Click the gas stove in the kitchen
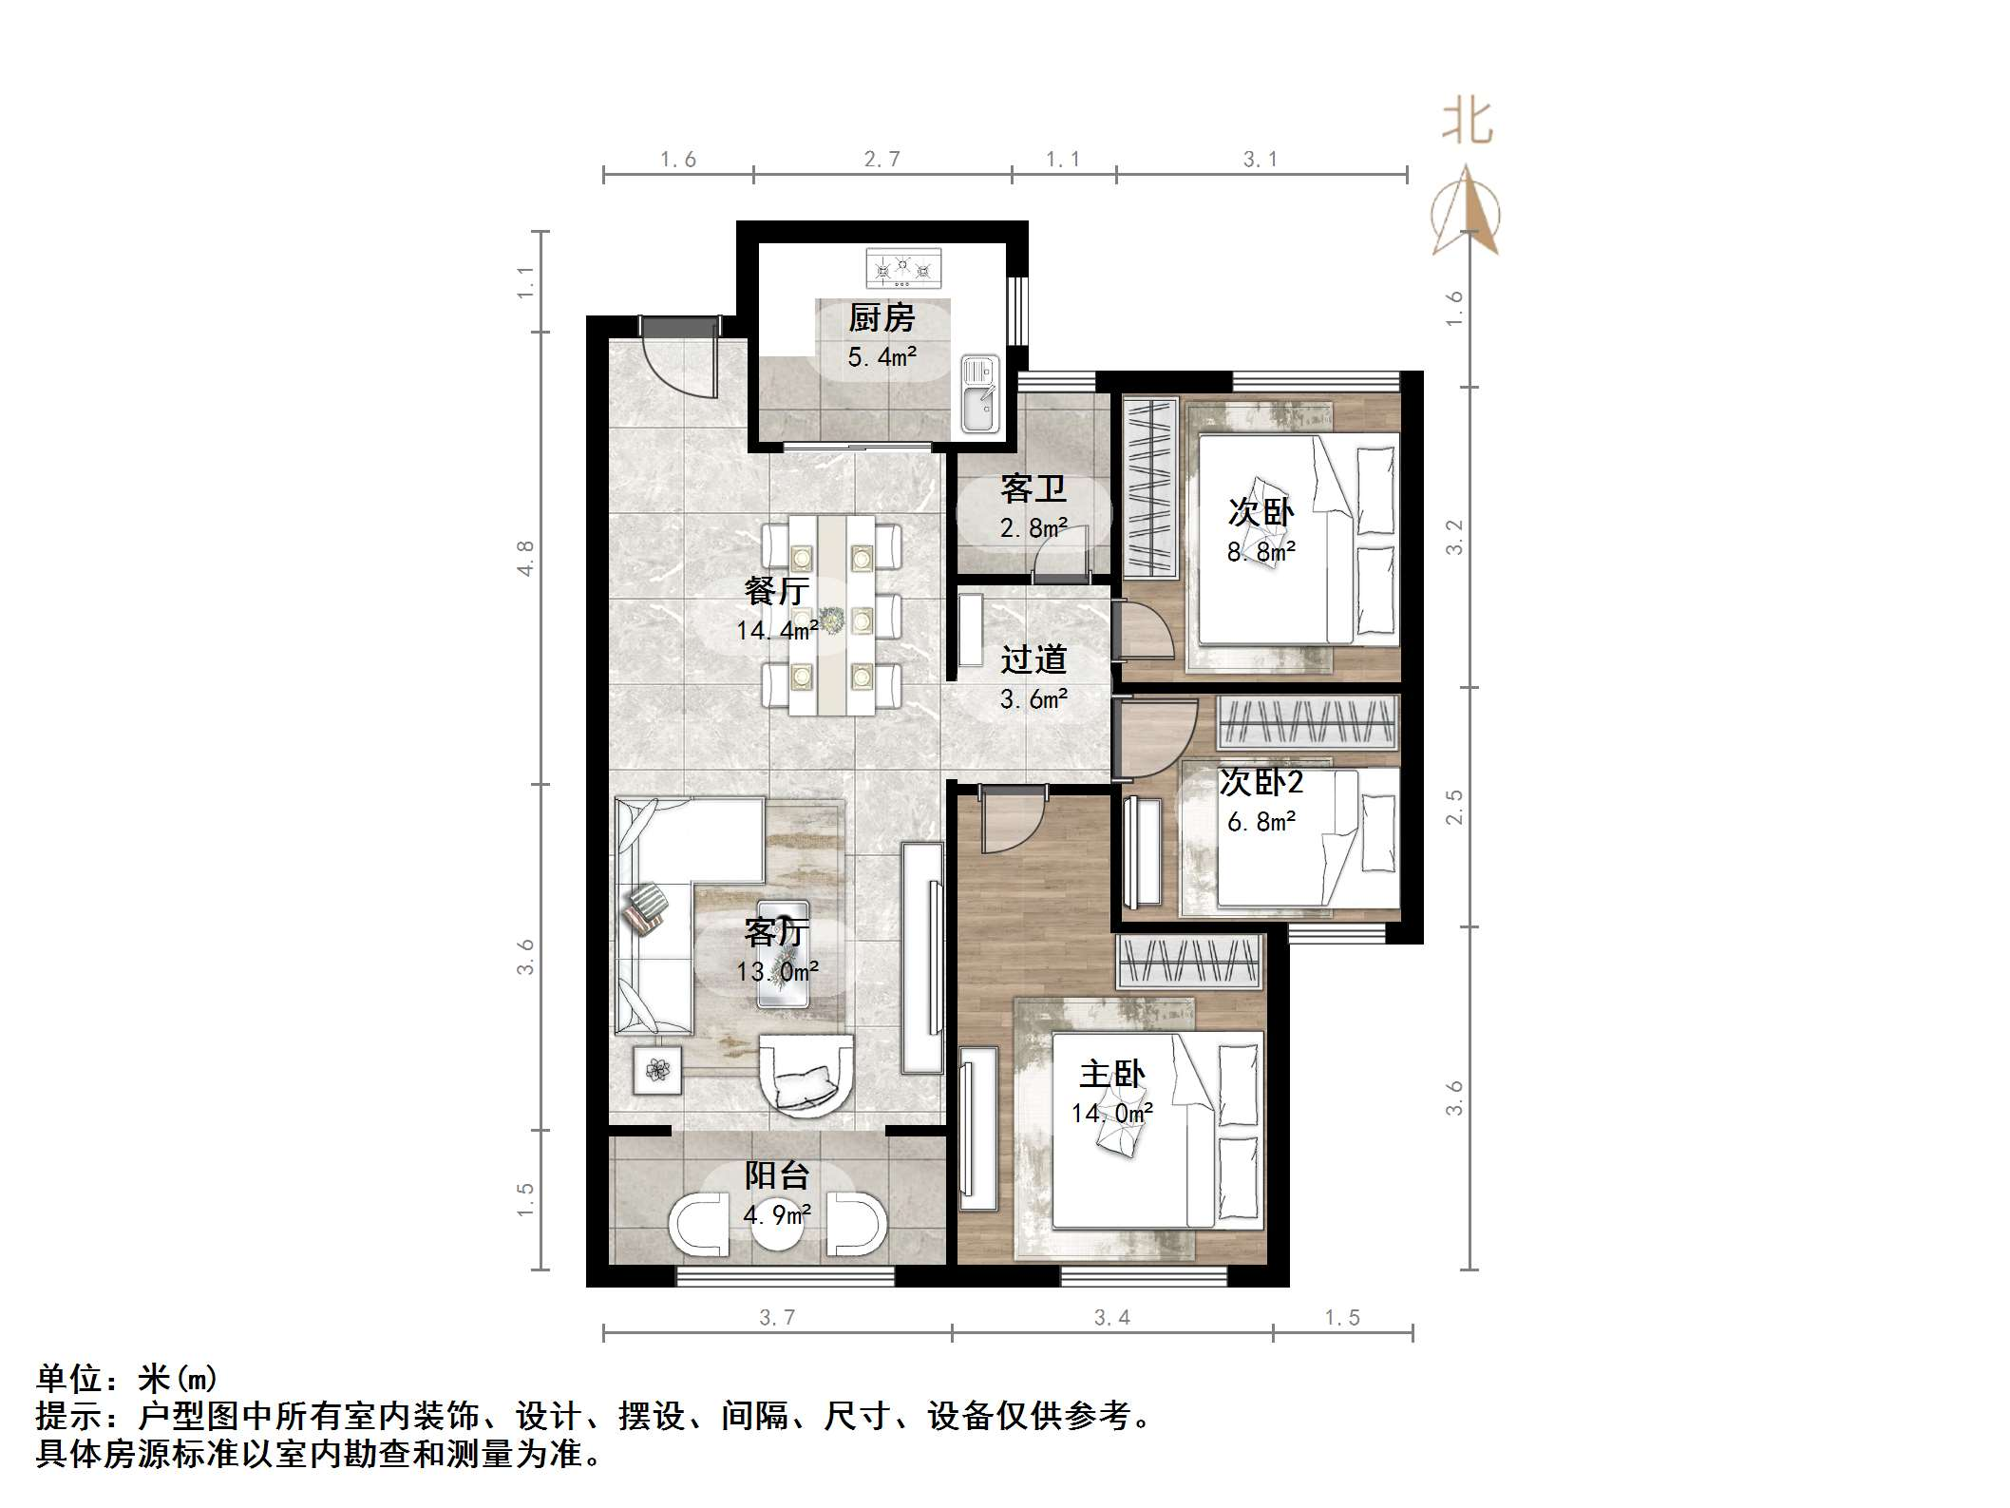902,268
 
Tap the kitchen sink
979,393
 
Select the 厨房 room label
882,318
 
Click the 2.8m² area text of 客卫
1033,527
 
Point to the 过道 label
1033,659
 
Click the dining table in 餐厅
832,615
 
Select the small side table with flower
657,1071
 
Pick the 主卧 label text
1112,1075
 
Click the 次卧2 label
1261,783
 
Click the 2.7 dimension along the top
882,160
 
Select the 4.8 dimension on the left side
525,558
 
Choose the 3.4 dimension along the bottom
1112,1318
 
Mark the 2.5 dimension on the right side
1454,807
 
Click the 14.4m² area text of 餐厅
777,630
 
